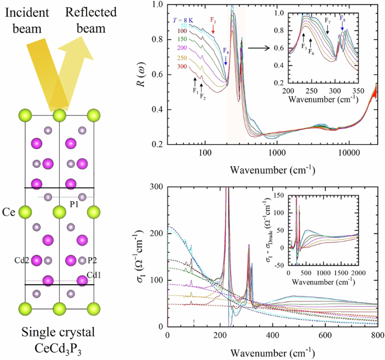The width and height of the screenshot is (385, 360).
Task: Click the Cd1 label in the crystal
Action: [x=95, y=275]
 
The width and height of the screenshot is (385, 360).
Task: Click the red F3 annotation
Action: [x=213, y=20]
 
